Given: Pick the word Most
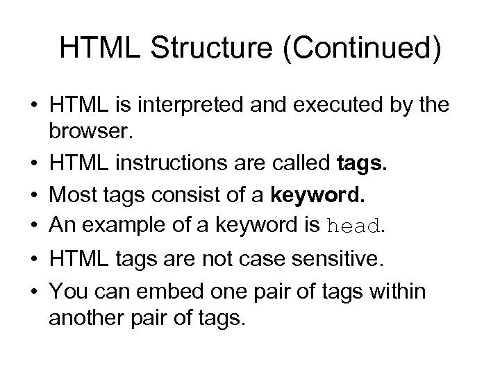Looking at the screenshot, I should [x=74, y=196].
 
